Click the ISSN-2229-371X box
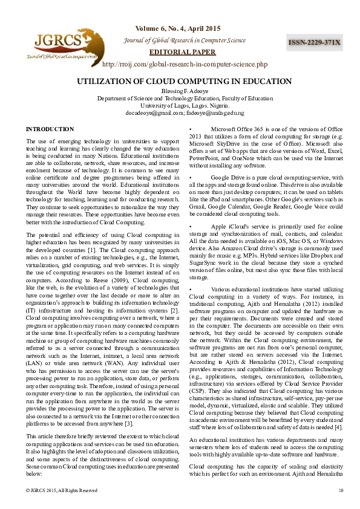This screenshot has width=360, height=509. [315, 42]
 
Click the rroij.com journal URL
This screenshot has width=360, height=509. [185, 64]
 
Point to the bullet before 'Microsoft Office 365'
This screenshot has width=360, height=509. [191, 130]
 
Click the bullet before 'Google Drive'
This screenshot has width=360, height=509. [191, 177]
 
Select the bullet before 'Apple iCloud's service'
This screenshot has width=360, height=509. [191, 225]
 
